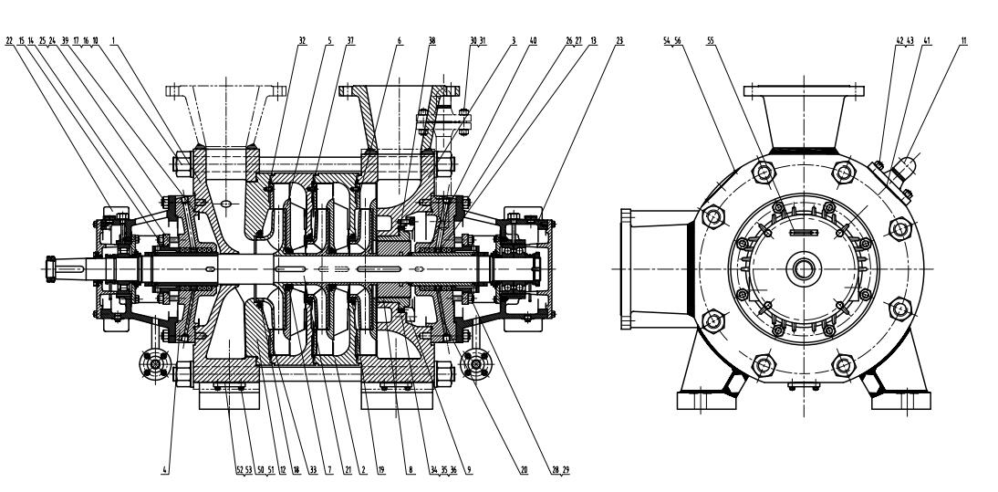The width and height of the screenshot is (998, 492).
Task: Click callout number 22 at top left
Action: coord(10,41)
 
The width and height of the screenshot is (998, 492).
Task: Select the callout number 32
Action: coord(301,41)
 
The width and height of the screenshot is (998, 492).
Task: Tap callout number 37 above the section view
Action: coord(350,41)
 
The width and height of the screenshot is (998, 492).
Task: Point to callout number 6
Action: coord(399,41)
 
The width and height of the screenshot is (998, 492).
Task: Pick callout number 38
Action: coord(431,41)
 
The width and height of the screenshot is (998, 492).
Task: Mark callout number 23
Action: coord(620,41)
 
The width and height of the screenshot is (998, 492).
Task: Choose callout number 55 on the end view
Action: coord(712,41)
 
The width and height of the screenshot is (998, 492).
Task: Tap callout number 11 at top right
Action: coord(964,41)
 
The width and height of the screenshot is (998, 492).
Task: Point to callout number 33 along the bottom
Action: coord(313,469)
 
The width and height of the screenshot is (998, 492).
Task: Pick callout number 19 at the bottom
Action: coord(382,469)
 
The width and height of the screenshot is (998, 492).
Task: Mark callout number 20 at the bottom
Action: coord(524,469)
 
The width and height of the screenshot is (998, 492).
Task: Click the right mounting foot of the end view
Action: coord(894,398)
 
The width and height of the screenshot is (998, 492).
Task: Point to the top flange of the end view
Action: coord(804,91)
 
